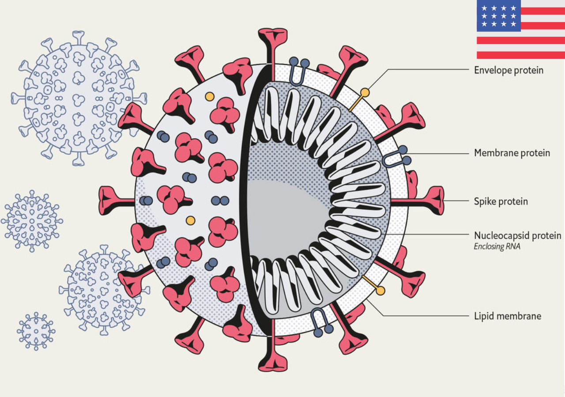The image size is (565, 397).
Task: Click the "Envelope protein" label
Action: click(x=508, y=70)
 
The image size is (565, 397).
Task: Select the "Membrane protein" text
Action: click(x=512, y=153)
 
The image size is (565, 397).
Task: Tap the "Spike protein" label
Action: click(x=501, y=201)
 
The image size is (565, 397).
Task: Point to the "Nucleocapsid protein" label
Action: click(x=517, y=235)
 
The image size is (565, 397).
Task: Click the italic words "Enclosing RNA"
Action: click(x=497, y=246)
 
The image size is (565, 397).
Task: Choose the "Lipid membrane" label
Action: click(x=507, y=316)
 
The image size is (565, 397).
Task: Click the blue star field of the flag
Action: click(x=498, y=16)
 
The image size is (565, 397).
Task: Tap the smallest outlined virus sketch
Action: click(x=36, y=331)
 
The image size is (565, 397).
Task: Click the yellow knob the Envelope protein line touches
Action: click(x=365, y=93)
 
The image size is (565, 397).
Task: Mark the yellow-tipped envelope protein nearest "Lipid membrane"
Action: click(x=380, y=290)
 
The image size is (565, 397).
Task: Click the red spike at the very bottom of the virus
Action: click(x=272, y=360)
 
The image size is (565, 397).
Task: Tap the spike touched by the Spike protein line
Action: click(x=433, y=201)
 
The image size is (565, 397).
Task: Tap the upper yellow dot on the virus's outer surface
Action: click(x=210, y=96)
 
